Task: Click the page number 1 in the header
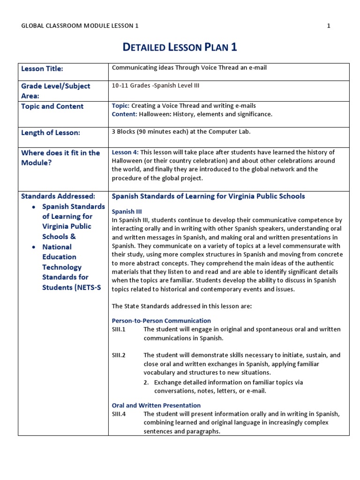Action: (x=329, y=26)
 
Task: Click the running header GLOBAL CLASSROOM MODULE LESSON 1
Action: (x=80, y=26)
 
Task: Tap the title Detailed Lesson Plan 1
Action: (x=180, y=47)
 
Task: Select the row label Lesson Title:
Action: (x=42, y=69)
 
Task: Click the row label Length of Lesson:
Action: (x=51, y=133)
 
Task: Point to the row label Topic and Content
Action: (x=52, y=106)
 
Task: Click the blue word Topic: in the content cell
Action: (x=120, y=106)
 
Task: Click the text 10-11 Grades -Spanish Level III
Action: (x=152, y=85)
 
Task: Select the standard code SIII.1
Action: (x=119, y=330)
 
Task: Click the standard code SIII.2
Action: (x=119, y=355)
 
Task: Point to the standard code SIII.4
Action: (x=119, y=414)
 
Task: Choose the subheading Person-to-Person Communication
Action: (x=161, y=321)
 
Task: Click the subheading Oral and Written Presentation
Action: (x=156, y=405)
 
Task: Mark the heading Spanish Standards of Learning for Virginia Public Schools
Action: (x=208, y=196)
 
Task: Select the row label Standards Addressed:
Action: (x=58, y=196)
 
